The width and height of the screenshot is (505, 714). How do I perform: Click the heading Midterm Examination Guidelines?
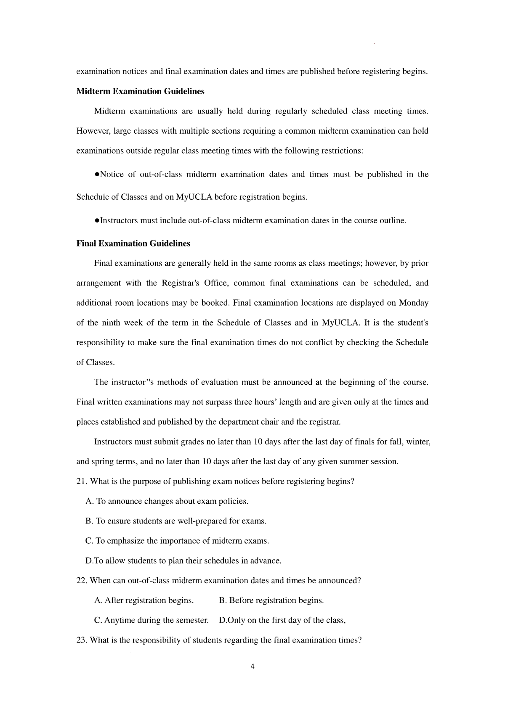140,91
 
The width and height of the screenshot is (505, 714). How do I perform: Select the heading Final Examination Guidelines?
133,243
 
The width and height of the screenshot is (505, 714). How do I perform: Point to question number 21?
81,481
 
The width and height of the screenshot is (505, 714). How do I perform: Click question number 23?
81,640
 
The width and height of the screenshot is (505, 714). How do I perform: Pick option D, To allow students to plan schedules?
183,561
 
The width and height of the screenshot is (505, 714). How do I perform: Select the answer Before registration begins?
271,600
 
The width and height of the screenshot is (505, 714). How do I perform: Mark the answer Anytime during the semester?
151,620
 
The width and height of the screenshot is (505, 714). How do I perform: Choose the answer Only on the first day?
282,620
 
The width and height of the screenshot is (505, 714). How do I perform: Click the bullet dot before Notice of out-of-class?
97,175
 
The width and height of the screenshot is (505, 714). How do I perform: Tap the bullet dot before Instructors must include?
97,220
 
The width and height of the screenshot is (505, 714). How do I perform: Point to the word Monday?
414,303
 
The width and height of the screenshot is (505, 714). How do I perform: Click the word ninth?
122,323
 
